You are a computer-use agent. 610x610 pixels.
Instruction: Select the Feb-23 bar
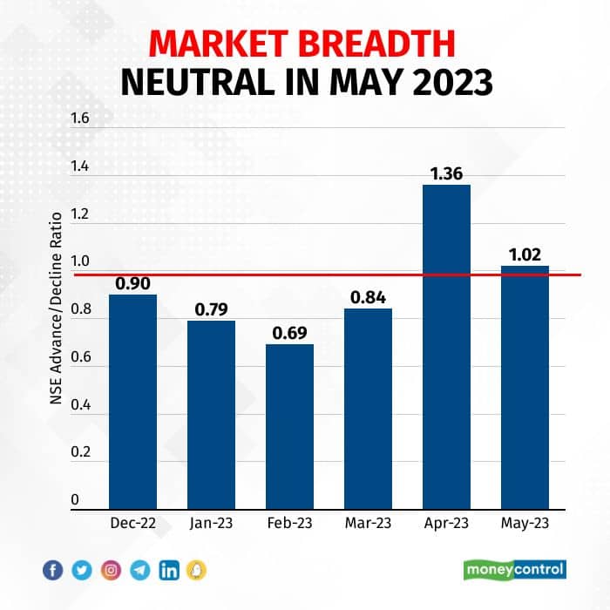pyautogui.click(x=289, y=426)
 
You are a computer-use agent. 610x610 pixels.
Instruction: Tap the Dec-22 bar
pyautogui.click(x=132, y=401)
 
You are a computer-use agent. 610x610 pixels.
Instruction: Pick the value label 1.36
pyautogui.click(x=446, y=173)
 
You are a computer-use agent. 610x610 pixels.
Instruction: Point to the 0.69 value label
pyautogui.click(x=289, y=333)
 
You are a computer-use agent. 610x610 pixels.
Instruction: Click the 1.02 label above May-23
pyautogui.click(x=525, y=254)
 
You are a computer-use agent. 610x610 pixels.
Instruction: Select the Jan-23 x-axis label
pyautogui.click(x=211, y=524)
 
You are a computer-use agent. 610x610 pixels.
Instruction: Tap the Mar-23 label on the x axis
pyautogui.click(x=368, y=524)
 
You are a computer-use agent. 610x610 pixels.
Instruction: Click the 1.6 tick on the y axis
pyautogui.click(x=81, y=119)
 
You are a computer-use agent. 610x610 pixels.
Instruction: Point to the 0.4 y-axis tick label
pyautogui.click(x=81, y=404)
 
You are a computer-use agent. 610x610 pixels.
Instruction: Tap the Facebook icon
pyautogui.click(x=53, y=571)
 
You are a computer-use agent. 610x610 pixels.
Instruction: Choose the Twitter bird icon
pyautogui.click(x=82, y=571)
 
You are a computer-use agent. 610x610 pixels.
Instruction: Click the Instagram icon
pyautogui.click(x=111, y=571)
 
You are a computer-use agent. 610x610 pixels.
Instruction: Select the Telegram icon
pyautogui.click(x=139, y=571)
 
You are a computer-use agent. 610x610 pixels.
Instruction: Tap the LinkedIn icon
pyautogui.click(x=168, y=571)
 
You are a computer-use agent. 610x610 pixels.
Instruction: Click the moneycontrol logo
pyautogui.click(x=514, y=570)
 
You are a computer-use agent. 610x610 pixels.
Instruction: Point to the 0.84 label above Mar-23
pyautogui.click(x=368, y=297)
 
